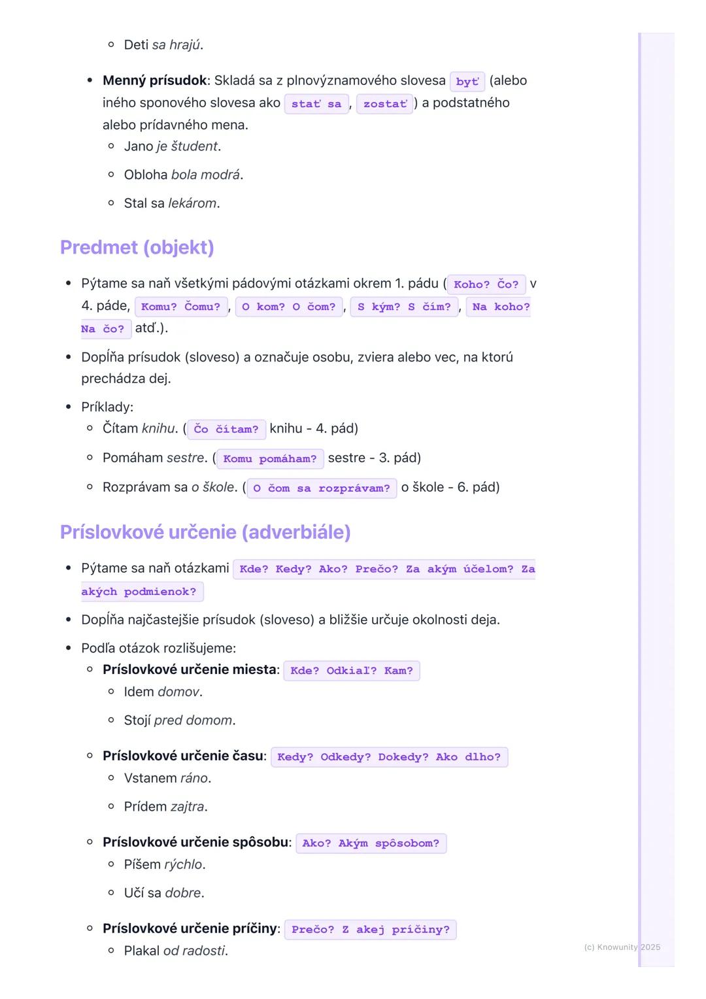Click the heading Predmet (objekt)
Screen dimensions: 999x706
tap(137, 247)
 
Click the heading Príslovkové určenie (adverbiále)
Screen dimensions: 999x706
tap(205, 532)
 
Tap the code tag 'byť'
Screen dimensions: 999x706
tap(467, 82)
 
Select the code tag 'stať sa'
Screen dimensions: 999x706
tap(316, 104)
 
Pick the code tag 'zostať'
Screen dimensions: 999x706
tap(385, 104)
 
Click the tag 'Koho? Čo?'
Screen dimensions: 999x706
tap(486, 284)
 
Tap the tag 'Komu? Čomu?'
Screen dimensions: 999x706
tap(181, 307)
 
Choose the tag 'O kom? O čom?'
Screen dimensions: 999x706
tap(288, 307)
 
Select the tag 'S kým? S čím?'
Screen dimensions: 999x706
tap(404, 307)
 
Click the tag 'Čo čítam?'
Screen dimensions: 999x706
tap(226, 429)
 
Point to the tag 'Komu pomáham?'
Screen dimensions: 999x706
tap(269, 458)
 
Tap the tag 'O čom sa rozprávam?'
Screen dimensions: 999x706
tap(321, 488)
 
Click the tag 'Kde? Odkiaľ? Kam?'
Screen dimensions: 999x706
tap(352, 670)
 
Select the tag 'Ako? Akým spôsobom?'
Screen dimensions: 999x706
tap(371, 843)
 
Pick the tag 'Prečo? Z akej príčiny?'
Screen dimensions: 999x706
tap(371, 929)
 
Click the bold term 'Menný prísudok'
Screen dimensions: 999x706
tap(154, 80)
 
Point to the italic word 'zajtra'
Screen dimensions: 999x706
tap(187, 807)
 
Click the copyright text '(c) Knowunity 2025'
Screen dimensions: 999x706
tap(622, 947)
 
